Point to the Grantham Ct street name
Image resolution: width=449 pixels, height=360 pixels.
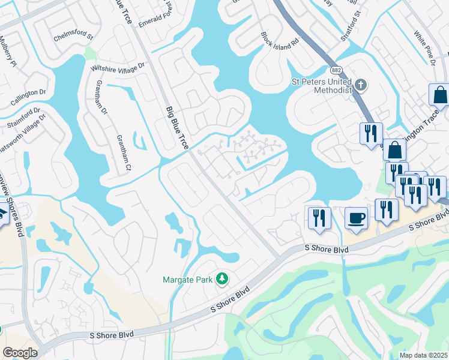[122, 152]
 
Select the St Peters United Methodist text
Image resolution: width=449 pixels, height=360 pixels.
[321, 85]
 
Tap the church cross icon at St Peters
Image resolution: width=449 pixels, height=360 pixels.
[360, 85]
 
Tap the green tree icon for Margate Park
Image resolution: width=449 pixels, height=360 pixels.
[222, 278]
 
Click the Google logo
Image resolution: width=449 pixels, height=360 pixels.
[20, 353]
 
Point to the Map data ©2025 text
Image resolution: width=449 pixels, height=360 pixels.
[424, 355]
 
